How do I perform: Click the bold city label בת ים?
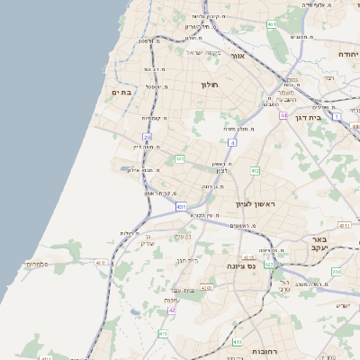pos(122,92)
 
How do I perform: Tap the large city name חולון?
pos(208,85)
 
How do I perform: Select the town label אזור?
pos(238,56)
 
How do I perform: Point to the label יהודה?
pos(347,54)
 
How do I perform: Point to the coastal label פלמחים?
pos(37,264)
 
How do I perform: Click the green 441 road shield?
pos(180,159)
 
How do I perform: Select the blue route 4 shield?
pos(232,142)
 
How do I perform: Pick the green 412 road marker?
pos(256,170)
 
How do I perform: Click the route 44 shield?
pos(283,116)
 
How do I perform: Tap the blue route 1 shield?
pos(337,116)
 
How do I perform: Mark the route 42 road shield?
pos(171,310)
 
